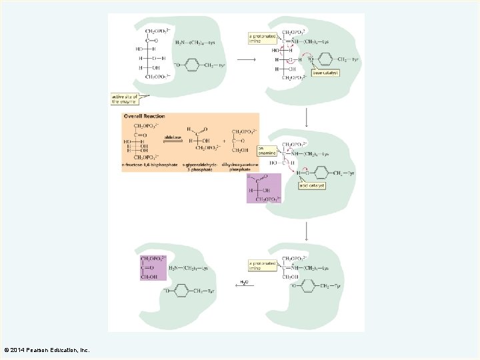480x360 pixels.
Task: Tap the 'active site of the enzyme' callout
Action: (x=124, y=99)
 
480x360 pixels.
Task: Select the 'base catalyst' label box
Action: (x=325, y=72)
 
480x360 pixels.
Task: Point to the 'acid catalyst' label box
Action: (x=311, y=185)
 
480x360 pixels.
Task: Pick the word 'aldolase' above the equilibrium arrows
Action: (x=173, y=137)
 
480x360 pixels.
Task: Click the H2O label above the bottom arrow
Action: (x=245, y=282)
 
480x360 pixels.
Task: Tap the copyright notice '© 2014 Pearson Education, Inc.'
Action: (x=47, y=350)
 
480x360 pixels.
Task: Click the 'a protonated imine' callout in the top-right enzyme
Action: (x=261, y=38)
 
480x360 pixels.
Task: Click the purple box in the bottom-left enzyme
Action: (x=153, y=267)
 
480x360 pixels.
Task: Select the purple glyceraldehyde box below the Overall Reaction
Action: (x=264, y=187)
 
